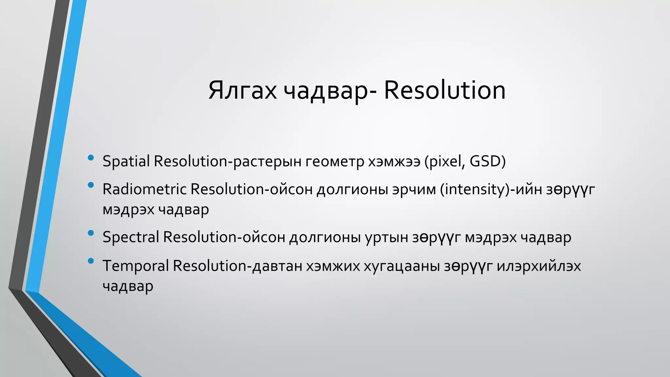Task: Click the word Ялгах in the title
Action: pyautogui.click(x=242, y=90)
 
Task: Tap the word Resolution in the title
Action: pyautogui.click(x=445, y=90)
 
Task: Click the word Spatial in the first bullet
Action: pyautogui.click(x=126, y=161)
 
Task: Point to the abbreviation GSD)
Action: pyautogui.click(x=488, y=161)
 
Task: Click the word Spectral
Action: pyautogui.click(x=131, y=237)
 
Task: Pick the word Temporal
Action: pyautogui.click(x=136, y=265)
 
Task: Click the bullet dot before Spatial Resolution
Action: pyautogui.click(x=91, y=158)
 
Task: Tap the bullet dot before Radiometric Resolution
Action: pyautogui.click(x=91, y=186)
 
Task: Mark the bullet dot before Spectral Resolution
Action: pyautogui.click(x=91, y=233)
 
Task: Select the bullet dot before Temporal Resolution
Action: pyautogui.click(x=91, y=261)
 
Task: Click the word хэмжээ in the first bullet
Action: pyautogui.click(x=394, y=161)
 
